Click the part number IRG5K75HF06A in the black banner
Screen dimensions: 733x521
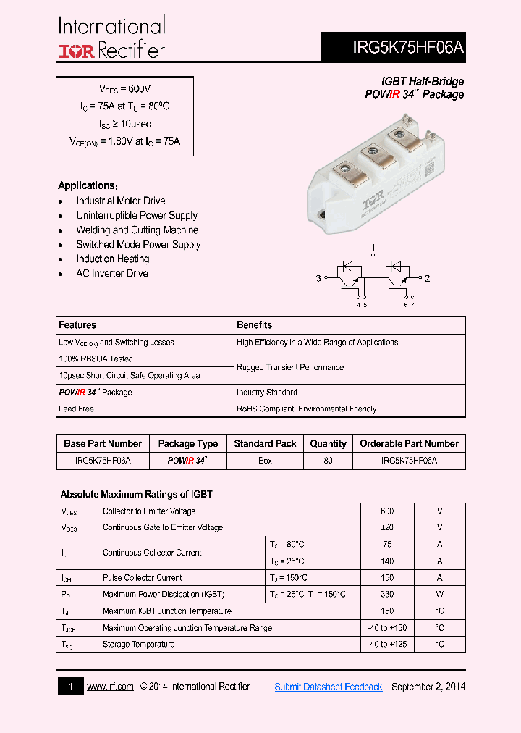(408, 48)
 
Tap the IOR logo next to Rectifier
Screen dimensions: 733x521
(76, 50)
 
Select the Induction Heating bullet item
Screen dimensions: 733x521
(113, 259)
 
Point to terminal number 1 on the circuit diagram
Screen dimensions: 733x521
(373, 248)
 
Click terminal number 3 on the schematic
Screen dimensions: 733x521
(318, 278)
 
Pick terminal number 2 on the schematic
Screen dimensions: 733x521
(427, 278)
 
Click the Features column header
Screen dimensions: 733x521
(77, 325)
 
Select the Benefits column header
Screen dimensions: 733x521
(255, 325)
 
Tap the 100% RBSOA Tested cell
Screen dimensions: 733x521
(96, 359)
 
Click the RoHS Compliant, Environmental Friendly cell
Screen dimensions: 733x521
(306, 409)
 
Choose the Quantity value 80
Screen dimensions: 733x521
(329, 461)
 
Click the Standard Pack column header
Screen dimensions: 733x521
(266, 443)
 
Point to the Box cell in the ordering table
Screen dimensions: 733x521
(266, 461)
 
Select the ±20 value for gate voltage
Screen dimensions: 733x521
(387, 527)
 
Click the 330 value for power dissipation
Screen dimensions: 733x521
(387, 594)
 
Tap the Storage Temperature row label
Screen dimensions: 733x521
(138, 644)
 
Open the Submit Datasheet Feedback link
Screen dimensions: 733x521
(329, 687)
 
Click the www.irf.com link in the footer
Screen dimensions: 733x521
(110, 687)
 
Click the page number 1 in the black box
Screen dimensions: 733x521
(71, 687)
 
